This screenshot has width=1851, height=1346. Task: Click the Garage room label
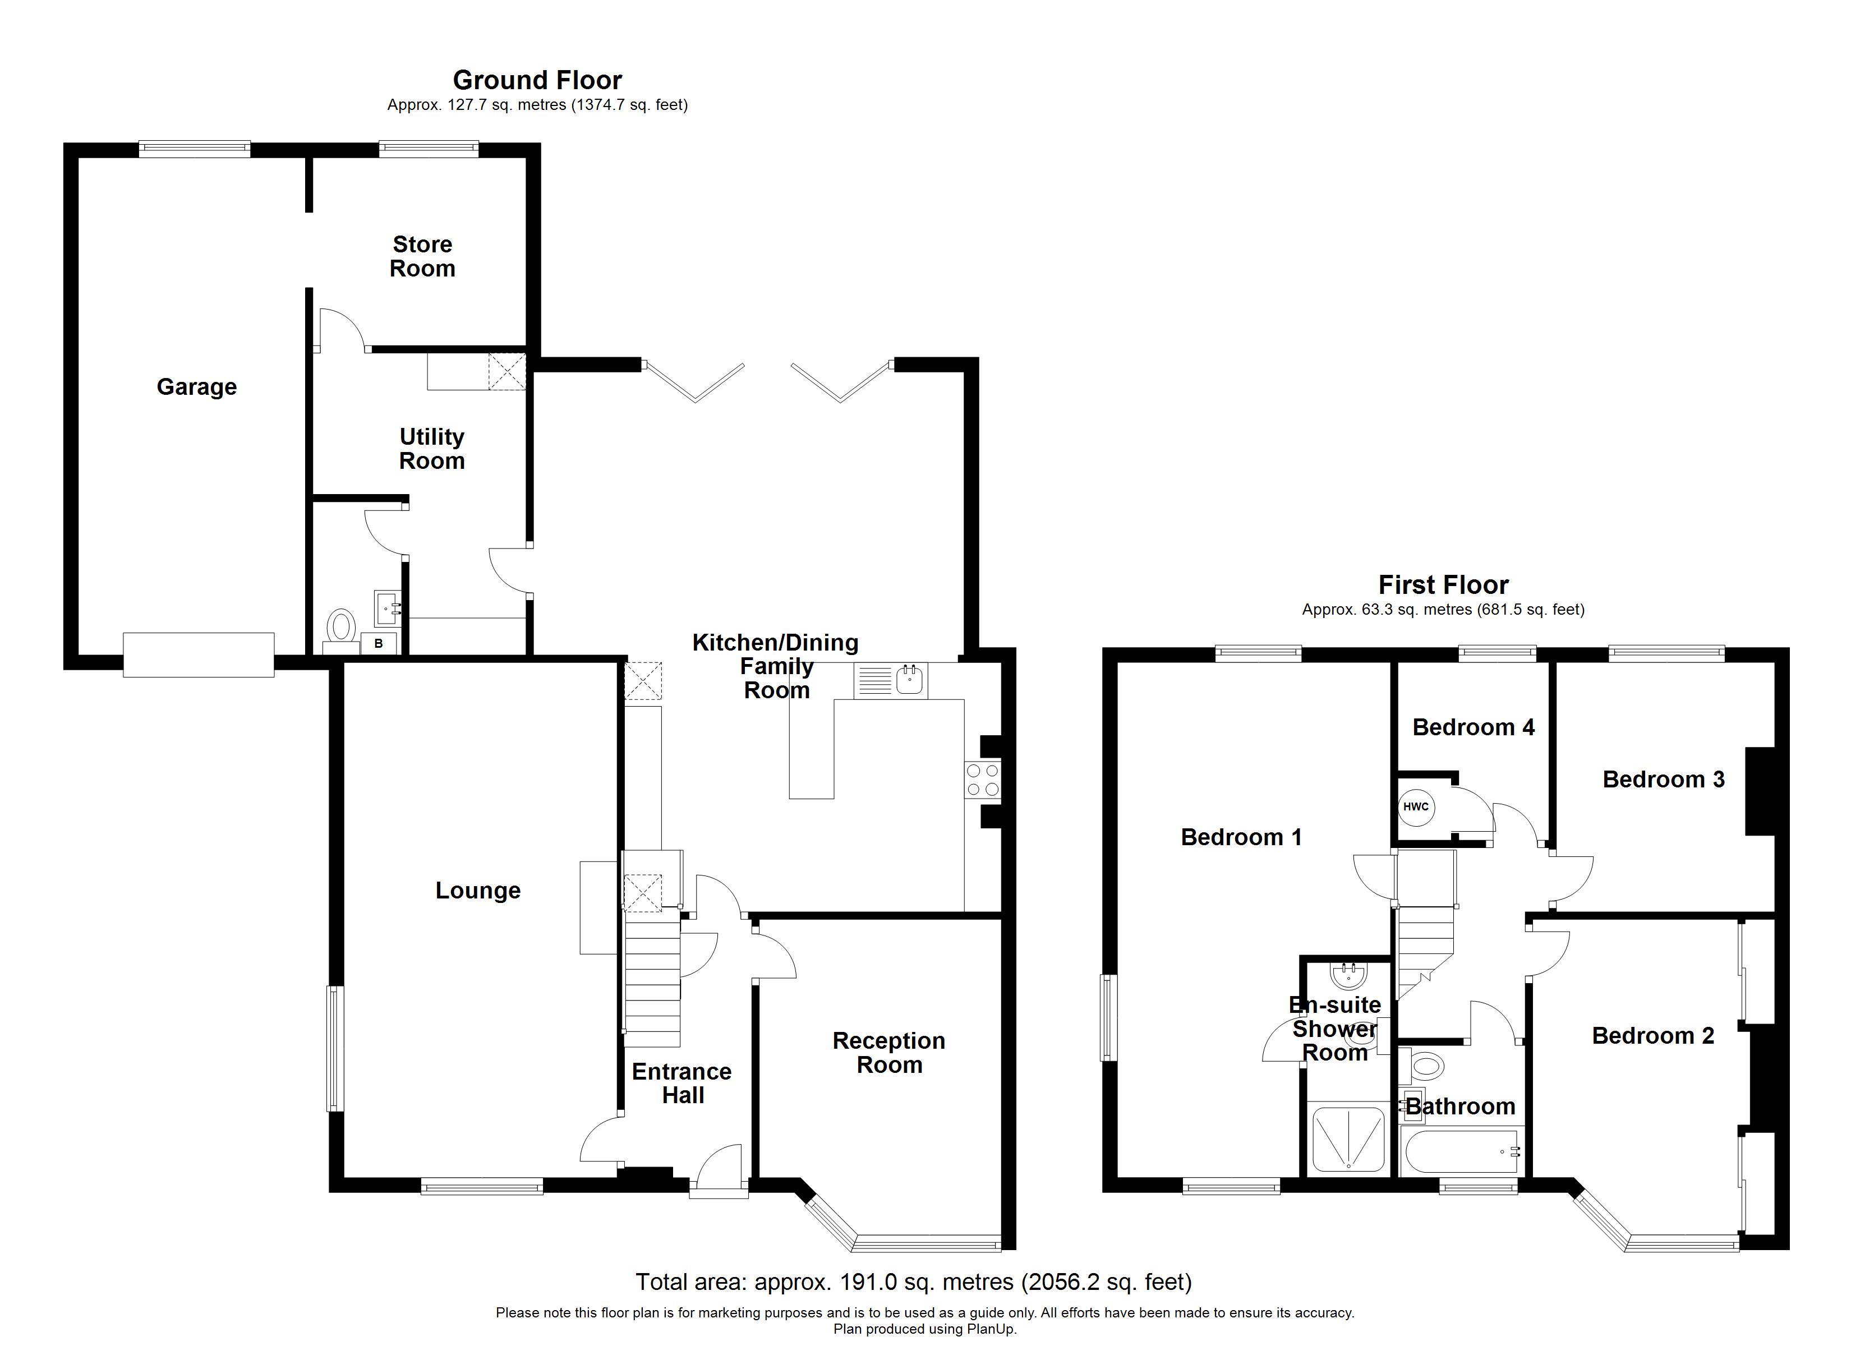[x=197, y=387]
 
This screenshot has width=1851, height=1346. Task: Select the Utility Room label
[x=432, y=449]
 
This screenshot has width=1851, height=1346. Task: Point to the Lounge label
[x=477, y=891]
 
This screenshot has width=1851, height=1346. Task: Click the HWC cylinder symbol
[x=1416, y=806]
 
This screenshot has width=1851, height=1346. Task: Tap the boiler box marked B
[x=379, y=643]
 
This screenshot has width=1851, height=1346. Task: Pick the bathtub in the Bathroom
[x=1461, y=1152]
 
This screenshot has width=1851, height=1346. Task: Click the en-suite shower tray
[x=1347, y=1140]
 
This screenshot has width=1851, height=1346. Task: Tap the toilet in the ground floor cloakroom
[x=340, y=629]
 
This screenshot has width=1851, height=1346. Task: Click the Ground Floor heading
[x=537, y=80]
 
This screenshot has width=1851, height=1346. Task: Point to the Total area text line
[x=913, y=1282]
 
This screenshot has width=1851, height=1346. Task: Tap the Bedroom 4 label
[x=1473, y=727]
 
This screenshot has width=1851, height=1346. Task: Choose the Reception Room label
[x=889, y=1053]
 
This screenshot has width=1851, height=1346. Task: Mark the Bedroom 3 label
[x=1663, y=780]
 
